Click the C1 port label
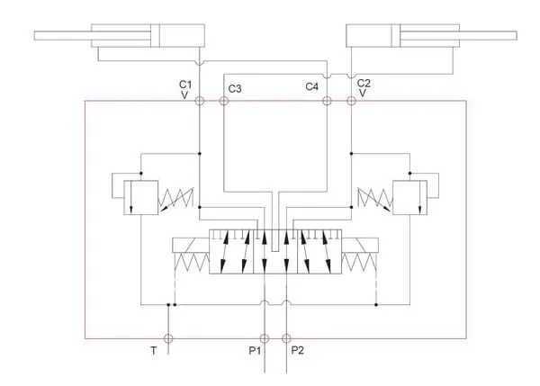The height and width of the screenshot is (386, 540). (x=185, y=85)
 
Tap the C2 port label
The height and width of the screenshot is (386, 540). (x=364, y=84)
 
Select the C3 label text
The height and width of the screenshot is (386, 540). (x=235, y=89)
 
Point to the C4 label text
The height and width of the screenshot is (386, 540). (x=312, y=86)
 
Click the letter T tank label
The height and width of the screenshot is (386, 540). (x=154, y=351)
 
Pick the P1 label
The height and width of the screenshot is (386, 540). (x=255, y=351)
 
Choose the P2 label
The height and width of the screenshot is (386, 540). (x=298, y=351)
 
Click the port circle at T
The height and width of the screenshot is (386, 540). (x=168, y=338)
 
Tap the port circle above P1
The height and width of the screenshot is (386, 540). (x=264, y=338)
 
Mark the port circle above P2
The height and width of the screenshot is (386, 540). (x=286, y=338)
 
